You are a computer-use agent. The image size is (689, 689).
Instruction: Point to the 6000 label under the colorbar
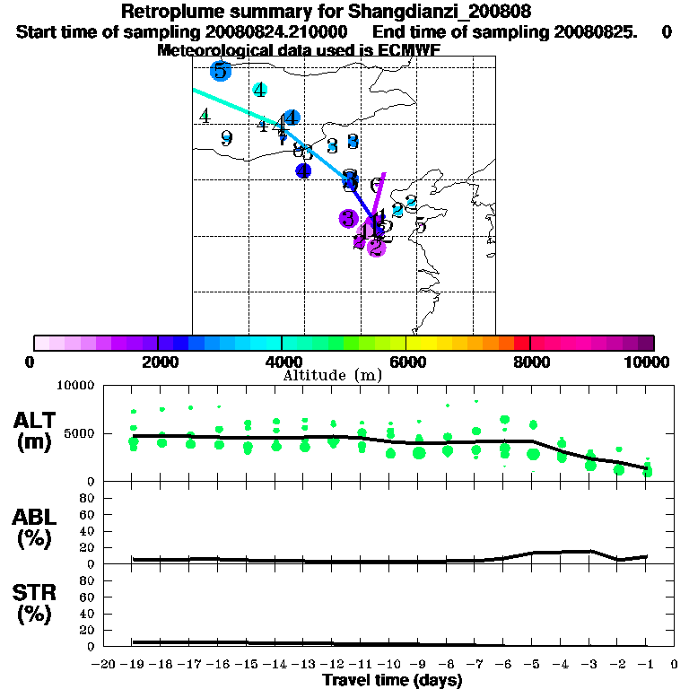pyautogui.click(x=407, y=362)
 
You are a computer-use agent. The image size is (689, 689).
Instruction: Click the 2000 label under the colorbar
pyautogui.click(x=158, y=362)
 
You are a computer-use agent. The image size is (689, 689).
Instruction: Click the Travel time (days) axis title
pyautogui.click(x=392, y=681)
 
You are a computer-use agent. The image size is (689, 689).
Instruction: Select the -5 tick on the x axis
pyautogui.click(x=532, y=665)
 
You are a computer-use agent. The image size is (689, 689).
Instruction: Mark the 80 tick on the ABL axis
pyautogui.click(x=87, y=497)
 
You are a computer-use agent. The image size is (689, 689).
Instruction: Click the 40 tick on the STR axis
pyautogui.click(x=87, y=614)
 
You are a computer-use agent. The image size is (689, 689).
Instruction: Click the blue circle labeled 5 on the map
pyautogui.click(x=221, y=70)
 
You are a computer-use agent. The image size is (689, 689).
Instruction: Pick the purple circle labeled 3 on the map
pyautogui.click(x=349, y=218)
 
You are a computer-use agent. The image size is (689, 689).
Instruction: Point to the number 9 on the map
pyautogui.click(x=226, y=138)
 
